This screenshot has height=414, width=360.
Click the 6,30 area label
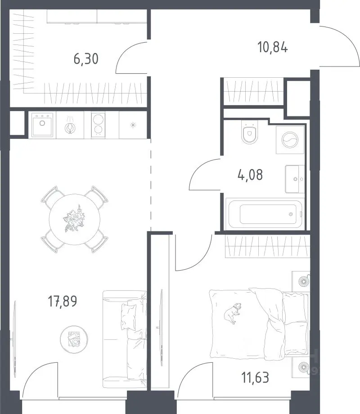[x=86, y=58]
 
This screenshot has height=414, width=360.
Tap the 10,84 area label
[x=273, y=48]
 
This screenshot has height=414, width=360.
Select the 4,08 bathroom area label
[x=250, y=174]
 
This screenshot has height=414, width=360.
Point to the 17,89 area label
[x=63, y=301]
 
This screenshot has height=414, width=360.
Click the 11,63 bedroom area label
[x=255, y=377]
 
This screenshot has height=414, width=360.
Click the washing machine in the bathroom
[x=290, y=140]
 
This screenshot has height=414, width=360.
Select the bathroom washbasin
[x=295, y=179]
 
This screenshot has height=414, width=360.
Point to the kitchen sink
[x=42, y=125]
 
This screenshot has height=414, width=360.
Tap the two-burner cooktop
[x=98, y=125]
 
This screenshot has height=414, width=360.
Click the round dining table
[x=75, y=219]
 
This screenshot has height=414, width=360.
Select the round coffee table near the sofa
[x=74, y=339]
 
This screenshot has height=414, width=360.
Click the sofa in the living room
[x=125, y=339]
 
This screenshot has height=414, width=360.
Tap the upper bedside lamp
[x=304, y=281]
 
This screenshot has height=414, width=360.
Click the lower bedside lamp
[x=304, y=367]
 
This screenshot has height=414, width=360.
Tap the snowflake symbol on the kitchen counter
[x=133, y=125]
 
